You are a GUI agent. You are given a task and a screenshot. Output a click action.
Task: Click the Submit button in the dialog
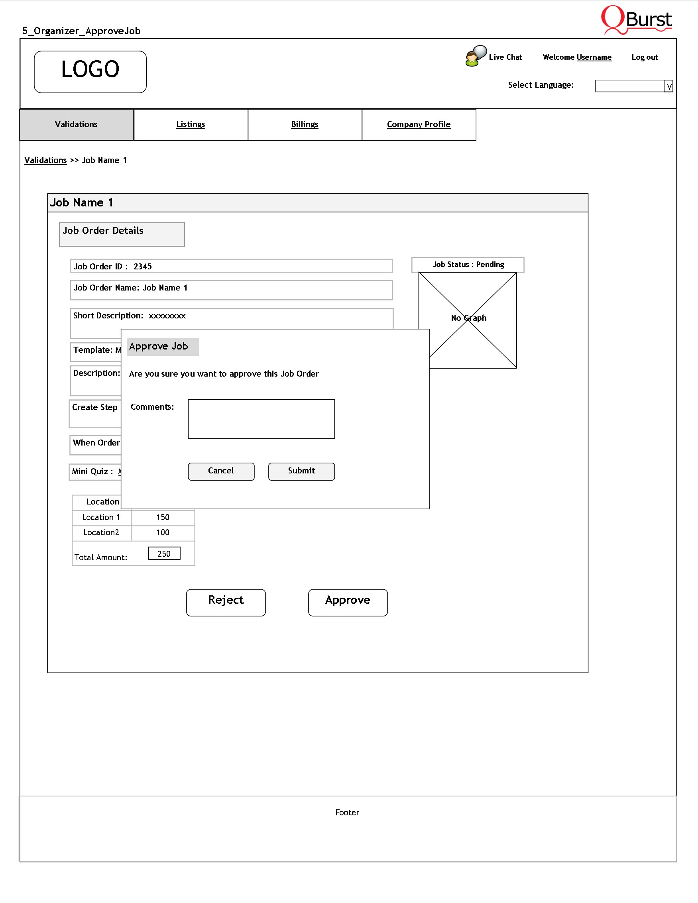pyautogui.click(x=301, y=471)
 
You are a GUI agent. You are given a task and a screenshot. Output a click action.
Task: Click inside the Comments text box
pyautogui.click(x=262, y=418)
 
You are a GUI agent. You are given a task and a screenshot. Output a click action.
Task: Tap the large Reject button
pyautogui.click(x=226, y=602)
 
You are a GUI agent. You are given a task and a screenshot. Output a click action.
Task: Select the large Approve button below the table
pyautogui.click(x=348, y=602)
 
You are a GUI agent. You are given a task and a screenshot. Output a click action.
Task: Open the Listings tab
pyautogui.click(x=191, y=124)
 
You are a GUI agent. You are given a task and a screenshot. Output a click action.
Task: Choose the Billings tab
pyautogui.click(x=305, y=124)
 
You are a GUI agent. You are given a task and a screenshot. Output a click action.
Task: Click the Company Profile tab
pyautogui.click(x=419, y=124)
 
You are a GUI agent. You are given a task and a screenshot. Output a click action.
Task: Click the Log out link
pyautogui.click(x=644, y=57)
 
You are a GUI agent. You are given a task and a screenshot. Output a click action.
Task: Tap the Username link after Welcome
pyautogui.click(x=594, y=57)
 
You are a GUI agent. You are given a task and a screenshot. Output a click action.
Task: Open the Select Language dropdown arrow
pyautogui.click(x=669, y=86)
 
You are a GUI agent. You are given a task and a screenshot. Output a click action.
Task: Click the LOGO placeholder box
pyautogui.click(x=90, y=71)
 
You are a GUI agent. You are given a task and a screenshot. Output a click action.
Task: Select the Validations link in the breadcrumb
pyautogui.click(x=45, y=161)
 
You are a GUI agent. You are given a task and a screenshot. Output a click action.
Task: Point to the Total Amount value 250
pyautogui.click(x=164, y=554)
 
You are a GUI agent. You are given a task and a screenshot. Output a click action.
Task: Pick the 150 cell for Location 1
pyautogui.click(x=163, y=517)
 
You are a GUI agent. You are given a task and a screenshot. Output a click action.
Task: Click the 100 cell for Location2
pyautogui.click(x=163, y=532)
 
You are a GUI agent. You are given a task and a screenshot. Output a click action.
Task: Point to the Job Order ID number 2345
pyautogui.click(x=143, y=267)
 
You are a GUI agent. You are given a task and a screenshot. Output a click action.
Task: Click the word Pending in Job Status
pyautogui.click(x=490, y=265)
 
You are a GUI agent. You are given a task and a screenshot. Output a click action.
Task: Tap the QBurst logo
pyautogui.click(x=636, y=20)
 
